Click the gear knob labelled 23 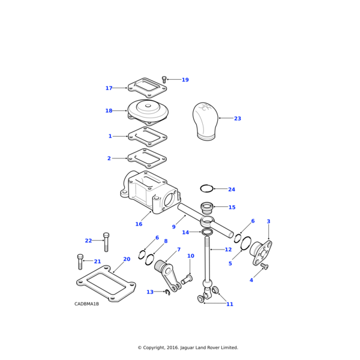(205, 121)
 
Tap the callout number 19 (185, 80)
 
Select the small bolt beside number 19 (164, 79)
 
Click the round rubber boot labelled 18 (148, 112)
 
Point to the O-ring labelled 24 (206, 188)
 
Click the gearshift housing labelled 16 (150, 194)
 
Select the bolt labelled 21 (80, 262)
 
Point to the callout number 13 (150, 292)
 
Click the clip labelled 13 (168, 292)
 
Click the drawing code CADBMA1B (86, 304)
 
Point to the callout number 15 (232, 208)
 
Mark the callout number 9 (173, 227)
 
